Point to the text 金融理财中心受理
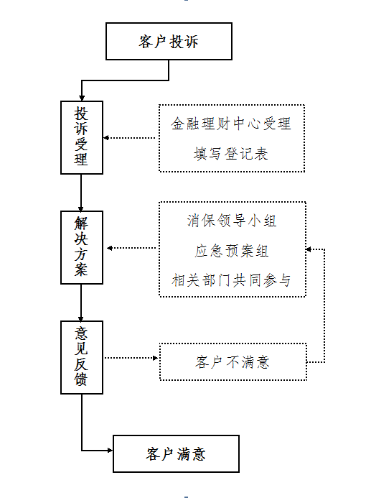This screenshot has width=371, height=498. tap(231, 124)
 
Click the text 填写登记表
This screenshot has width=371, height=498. tap(231, 154)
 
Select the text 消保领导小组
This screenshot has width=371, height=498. tap(232, 221)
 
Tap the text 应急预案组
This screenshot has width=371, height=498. tap(232, 251)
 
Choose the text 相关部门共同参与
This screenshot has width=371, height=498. tap(232, 280)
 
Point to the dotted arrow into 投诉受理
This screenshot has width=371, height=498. tap(129, 138)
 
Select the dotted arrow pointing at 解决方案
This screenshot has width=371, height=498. tap(131, 248)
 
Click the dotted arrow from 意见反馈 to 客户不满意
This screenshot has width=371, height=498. tap(131, 358)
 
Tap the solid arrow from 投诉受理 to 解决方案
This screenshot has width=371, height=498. tap(81, 193)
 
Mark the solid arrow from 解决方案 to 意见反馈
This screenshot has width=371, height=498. tap(81, 303)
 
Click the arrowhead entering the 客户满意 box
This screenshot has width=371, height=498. tap(110, 450)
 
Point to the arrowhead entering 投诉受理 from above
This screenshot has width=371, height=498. tap(82, 98)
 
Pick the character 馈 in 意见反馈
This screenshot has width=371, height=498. tap(81, 379)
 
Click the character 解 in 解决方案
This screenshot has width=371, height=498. tap(81, 223)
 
